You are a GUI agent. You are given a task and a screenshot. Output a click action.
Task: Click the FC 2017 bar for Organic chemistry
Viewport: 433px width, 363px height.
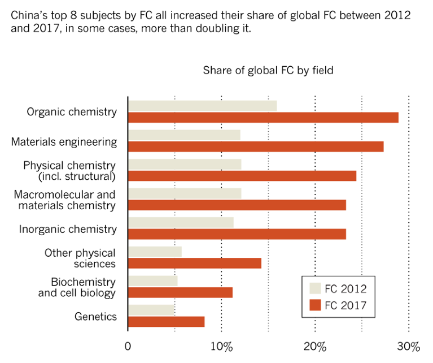tap(263, 118)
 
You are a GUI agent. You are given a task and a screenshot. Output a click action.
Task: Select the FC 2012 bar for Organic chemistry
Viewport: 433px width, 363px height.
tap(202, 106)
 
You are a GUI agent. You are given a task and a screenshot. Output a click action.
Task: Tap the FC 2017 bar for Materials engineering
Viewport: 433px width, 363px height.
tap(256, 146)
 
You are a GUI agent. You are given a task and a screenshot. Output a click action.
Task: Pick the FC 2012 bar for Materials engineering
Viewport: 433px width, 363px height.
tap(184, 135)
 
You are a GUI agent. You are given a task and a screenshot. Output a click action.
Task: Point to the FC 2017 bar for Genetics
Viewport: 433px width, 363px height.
tap(166, 322)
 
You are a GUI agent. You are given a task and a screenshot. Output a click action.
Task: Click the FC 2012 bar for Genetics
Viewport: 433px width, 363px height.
tap(151, 310)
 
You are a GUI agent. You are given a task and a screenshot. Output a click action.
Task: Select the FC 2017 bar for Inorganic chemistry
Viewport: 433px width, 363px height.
tap(237, 234)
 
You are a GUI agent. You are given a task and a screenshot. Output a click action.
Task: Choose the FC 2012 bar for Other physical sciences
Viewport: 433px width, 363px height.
tap(155, 252)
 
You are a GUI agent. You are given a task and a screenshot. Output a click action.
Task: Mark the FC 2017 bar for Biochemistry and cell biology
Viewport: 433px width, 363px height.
tap(180, 292)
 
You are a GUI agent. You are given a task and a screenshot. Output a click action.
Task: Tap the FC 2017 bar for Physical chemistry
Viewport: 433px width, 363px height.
tap(242, 176)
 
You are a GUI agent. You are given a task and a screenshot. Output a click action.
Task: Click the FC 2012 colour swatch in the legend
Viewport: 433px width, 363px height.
tap(315, 288)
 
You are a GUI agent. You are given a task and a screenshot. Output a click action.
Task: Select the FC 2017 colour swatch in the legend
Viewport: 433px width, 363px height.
tap(315, 306)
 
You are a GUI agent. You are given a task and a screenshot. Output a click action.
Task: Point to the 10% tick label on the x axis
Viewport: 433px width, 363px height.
tap(221, 346)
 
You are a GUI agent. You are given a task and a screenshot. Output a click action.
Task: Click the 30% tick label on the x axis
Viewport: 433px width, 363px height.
tap(408, 346)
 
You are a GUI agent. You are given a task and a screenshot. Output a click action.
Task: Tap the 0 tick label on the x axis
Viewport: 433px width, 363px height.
tap(128, 346)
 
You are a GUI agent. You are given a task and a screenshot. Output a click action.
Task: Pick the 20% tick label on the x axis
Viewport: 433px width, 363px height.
tap(315, 346)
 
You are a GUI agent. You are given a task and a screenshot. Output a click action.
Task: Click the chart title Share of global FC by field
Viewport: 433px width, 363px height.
tap(268, 70)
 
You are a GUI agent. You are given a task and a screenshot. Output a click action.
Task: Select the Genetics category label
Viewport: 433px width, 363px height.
tap(95, 316)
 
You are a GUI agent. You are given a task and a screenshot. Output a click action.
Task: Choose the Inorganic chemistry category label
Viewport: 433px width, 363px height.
tap(68, 229)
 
